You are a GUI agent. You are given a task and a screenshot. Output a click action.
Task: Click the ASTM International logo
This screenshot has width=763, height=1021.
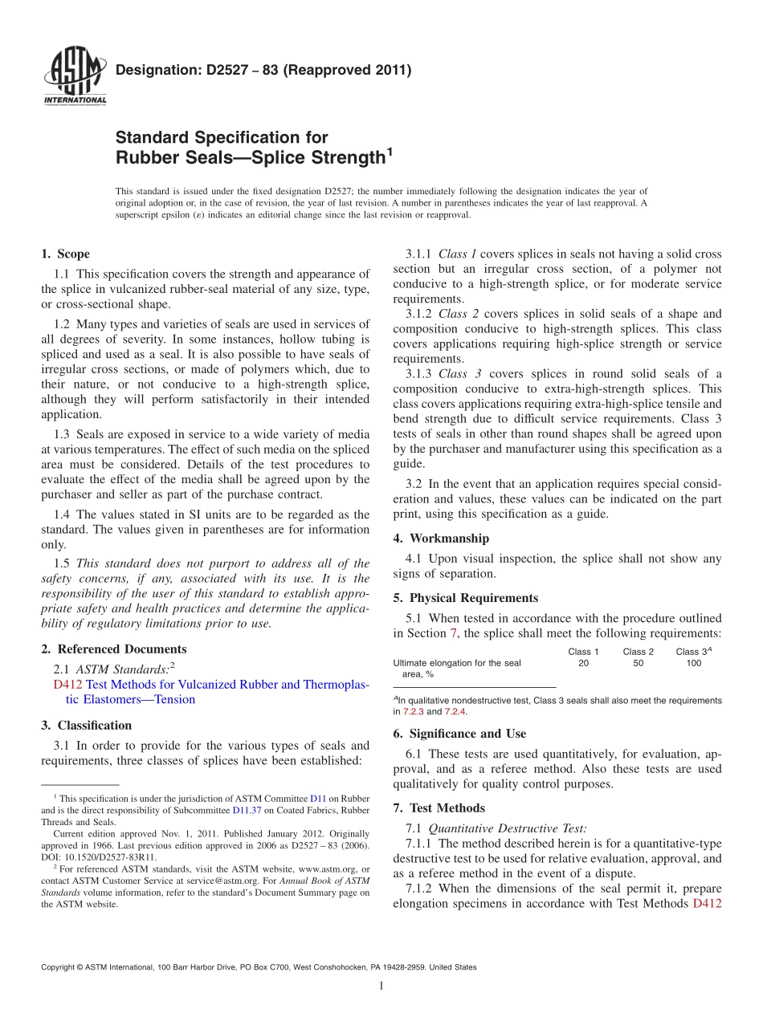[75, 77]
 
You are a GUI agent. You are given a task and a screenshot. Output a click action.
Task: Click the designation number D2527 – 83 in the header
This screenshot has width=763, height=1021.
[263, 70]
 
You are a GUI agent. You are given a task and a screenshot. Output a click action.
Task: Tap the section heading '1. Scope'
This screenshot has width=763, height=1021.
[65, 254]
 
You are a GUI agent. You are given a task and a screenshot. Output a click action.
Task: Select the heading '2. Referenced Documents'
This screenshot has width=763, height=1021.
[113, 649]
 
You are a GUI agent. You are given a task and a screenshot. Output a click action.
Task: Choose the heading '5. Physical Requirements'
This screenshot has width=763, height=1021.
[466, 597]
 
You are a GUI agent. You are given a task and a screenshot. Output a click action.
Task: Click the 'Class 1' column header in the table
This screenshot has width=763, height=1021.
[583, 652]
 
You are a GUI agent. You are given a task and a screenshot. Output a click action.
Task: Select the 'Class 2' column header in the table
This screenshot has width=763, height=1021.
[638, 652]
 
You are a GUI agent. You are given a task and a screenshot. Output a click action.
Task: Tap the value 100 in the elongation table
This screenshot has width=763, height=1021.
[693, 663]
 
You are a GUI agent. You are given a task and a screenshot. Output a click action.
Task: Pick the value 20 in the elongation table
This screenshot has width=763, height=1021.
[583, 663]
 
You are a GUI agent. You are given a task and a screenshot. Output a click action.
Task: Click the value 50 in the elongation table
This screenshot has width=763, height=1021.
[638, 663]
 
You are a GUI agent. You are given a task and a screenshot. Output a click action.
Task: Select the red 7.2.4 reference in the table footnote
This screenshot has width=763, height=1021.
[455, 711]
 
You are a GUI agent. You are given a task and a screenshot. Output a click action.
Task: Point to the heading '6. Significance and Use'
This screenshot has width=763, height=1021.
[459, 733]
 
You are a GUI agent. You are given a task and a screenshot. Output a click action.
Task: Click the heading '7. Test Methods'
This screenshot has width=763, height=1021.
[439, 807]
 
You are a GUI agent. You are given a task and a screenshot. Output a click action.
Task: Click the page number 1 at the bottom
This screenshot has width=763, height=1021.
[381, 986]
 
